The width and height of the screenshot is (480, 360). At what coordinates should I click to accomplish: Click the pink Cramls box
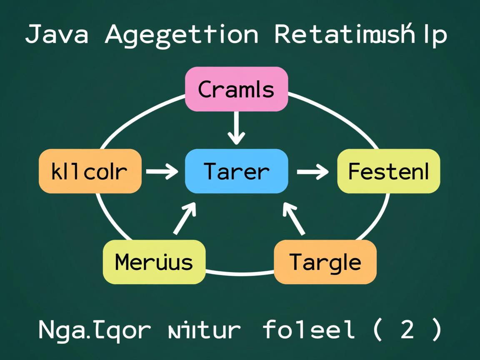pos(236,89)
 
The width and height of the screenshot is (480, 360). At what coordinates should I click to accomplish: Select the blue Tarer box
pos(236,171)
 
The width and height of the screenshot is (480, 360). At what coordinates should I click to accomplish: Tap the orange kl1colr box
pos(90,171)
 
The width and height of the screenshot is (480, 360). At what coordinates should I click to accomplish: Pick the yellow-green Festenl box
pos(388,171)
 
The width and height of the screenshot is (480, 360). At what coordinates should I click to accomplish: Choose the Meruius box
pos(154,262)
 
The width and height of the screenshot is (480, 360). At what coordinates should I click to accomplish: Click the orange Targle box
pos(325,262)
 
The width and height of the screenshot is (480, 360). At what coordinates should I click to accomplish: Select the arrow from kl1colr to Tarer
pos(162,171)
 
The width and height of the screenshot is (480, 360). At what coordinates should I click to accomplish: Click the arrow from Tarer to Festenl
pos(312,171)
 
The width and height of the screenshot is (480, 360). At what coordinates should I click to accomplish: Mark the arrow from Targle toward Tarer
pos(294,218)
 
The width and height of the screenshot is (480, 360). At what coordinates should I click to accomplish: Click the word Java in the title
pos(57,35)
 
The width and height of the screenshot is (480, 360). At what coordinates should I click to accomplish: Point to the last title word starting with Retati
pos(361,35)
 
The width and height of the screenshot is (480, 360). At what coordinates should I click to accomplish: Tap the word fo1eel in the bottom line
pos(309,330)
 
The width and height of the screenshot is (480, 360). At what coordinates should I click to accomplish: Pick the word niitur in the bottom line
pos(204,330)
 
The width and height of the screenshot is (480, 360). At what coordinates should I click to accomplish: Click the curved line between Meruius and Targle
pos(240,274)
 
